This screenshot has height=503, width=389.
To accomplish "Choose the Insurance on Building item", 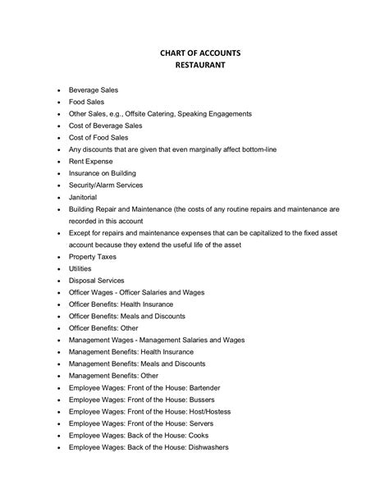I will [103, 174].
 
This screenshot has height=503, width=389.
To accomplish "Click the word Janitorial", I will [83, 198].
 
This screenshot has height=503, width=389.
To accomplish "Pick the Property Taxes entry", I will [93, 257].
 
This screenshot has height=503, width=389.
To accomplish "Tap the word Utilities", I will [80, 268].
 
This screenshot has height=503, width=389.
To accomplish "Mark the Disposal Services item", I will [96, 281].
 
